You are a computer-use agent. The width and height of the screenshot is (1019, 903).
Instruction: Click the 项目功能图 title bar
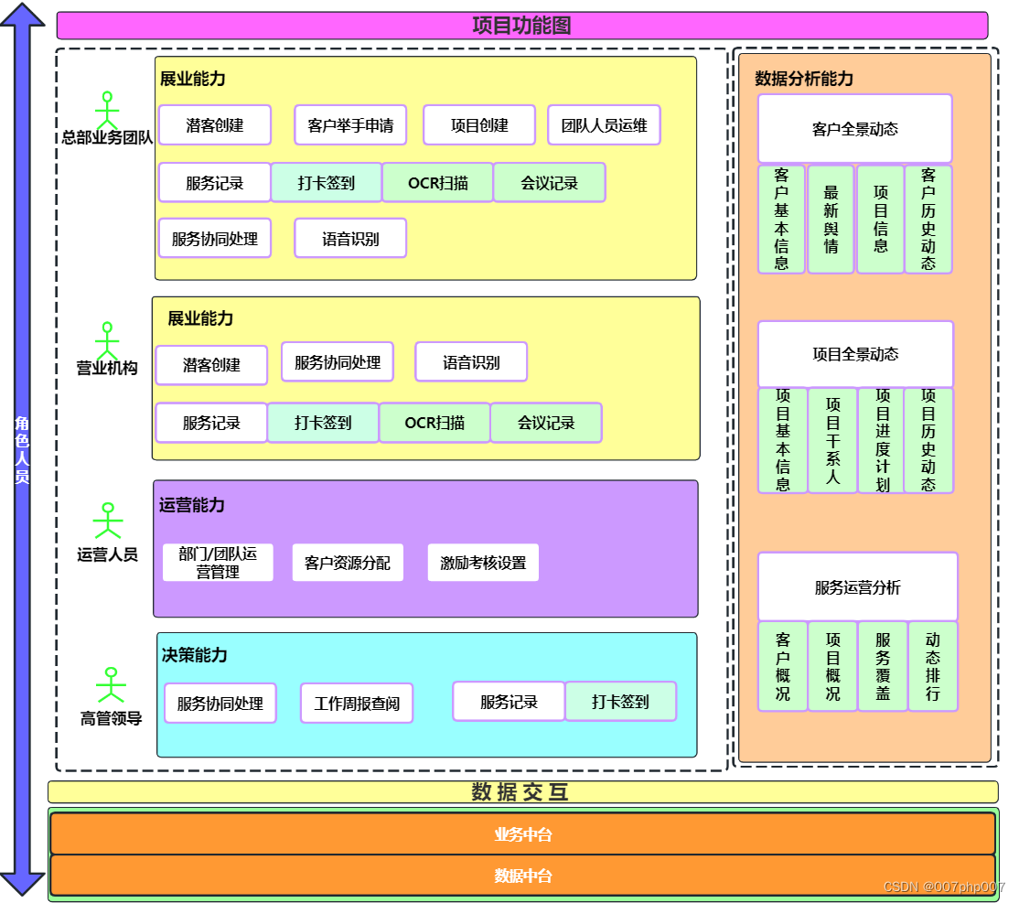[521, 26]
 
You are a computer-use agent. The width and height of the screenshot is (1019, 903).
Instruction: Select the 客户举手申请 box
[350, 125]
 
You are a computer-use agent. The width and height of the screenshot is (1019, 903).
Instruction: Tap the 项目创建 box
[479, 125]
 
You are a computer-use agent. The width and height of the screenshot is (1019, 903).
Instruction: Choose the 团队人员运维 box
[604, 125]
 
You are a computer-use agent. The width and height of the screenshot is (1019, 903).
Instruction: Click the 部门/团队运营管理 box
[218, 563]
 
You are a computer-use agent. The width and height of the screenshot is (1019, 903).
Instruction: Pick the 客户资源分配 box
[347, 563]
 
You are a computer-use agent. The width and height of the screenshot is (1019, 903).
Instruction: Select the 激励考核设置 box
[483, 563]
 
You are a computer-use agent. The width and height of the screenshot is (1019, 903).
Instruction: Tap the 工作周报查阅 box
[357, 704]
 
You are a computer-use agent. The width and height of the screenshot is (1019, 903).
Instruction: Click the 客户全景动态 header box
[855, 129]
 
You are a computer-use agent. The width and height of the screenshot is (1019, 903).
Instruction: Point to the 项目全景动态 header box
[855, 354]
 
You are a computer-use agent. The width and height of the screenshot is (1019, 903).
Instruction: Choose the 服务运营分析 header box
[857, 587]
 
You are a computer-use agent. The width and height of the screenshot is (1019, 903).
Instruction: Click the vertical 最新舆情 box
[831, 220]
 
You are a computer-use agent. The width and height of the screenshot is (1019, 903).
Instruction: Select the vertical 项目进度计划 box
[882, 440]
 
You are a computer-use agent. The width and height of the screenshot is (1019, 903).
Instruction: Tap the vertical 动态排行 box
[932, 666]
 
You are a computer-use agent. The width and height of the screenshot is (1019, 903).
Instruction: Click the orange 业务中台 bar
[522, 834]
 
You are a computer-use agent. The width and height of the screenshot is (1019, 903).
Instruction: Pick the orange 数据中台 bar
[522, 876]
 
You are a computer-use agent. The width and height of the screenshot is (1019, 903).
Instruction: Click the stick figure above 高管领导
[111, 685]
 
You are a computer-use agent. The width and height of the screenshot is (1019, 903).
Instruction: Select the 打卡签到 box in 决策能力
[620, 702]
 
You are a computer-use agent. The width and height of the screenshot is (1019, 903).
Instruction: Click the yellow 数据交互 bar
[522, 792]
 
